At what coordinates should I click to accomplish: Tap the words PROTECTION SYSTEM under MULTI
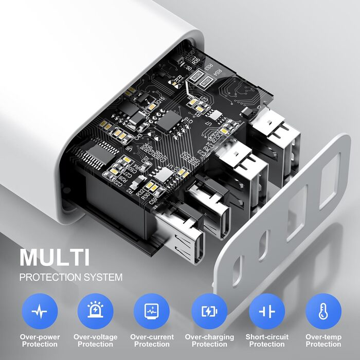coord(71,277)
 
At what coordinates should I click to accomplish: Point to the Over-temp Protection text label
coord(323,340)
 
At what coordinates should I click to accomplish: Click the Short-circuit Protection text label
coord(267,340)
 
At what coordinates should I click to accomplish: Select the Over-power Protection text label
coord(40,340)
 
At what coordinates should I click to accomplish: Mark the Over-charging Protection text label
coord(209,340)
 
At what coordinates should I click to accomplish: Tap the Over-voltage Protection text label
coord(95,340)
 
